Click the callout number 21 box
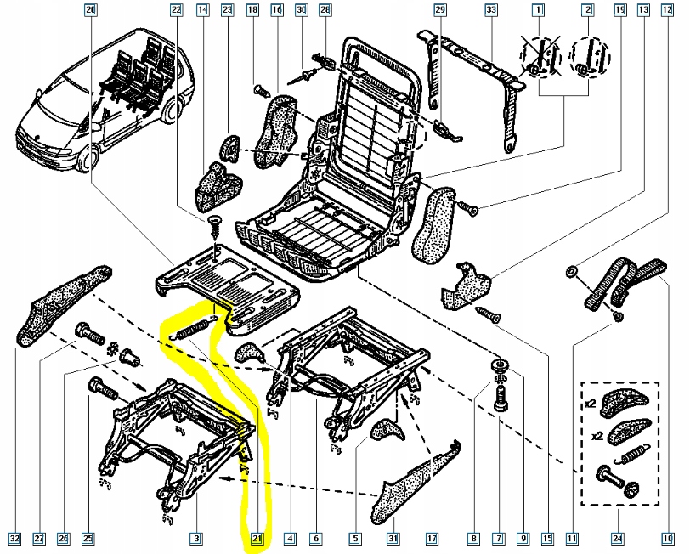click(257, 538)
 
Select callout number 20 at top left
click(92, 11)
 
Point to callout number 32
click(14, 538)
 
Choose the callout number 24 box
click(617, 538)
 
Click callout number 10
click(667, 538)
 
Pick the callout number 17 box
click(432, 538)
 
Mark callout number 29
click(439, 11)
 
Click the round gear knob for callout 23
click(227, 150)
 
